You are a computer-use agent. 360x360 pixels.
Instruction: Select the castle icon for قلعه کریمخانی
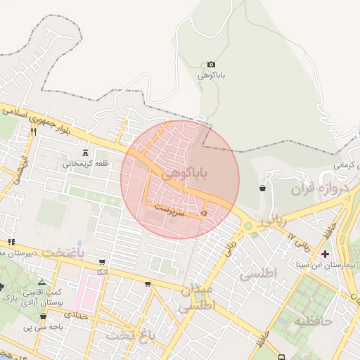86,153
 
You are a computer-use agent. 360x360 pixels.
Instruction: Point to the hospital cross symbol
324,253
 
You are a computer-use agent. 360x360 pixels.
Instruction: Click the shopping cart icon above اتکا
103,262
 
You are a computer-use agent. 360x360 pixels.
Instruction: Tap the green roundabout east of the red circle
248,226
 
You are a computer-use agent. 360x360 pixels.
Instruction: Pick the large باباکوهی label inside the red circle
185,173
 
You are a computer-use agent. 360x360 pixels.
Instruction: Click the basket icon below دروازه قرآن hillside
262,188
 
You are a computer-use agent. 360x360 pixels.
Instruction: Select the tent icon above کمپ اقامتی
41,281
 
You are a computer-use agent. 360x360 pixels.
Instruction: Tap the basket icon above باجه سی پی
43,316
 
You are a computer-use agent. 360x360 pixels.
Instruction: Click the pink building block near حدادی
87,292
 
